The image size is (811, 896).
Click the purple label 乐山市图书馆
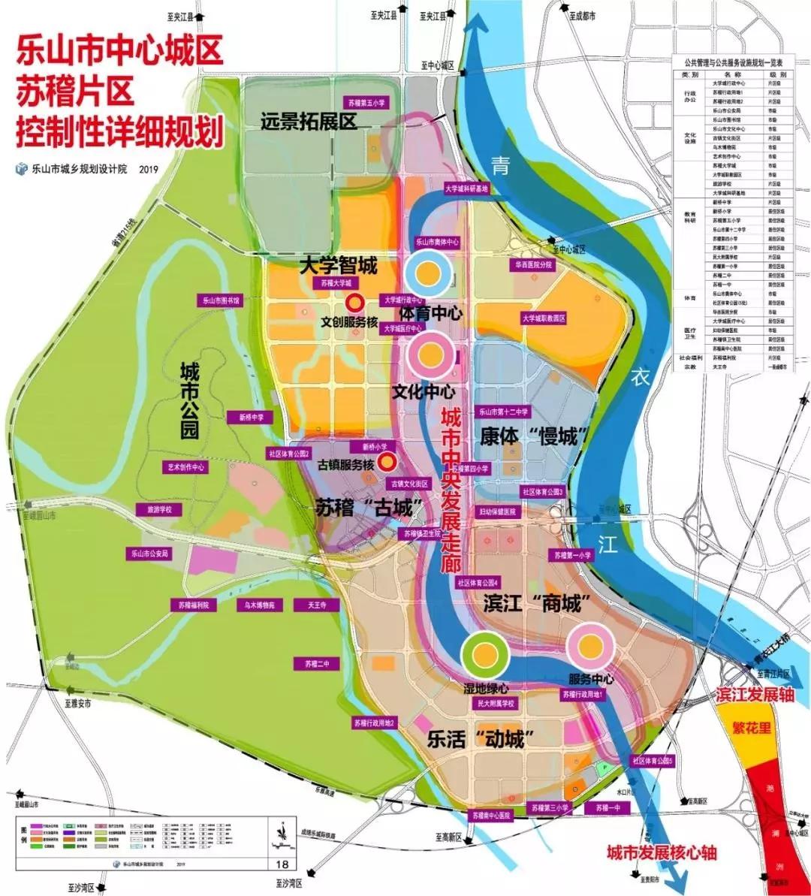pos(220,300)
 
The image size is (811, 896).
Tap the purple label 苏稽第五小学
pos(367,103)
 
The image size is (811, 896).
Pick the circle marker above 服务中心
pos(590,646)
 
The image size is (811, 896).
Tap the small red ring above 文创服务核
pos(355,302)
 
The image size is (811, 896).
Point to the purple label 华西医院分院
pos(534,265)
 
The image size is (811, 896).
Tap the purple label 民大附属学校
pos(495,704)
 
